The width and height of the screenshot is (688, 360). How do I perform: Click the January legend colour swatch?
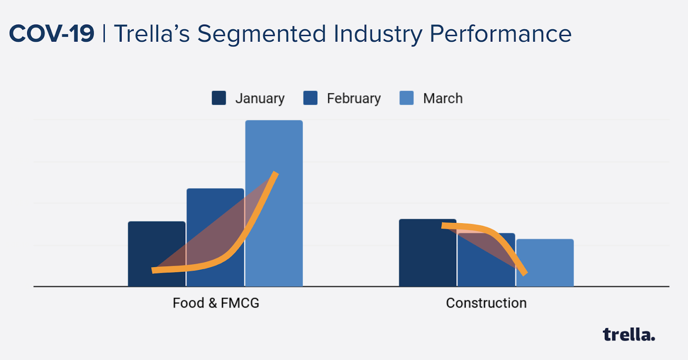tap(219, 98)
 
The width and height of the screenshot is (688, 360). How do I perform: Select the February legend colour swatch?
tap(310, 98)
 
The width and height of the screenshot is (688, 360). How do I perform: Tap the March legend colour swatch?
tap(406, 98)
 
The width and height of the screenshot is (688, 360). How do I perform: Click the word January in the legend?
tap(260, 98)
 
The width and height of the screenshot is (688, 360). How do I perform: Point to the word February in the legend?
tap(353, 98)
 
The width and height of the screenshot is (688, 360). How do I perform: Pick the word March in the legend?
tap(442, 98)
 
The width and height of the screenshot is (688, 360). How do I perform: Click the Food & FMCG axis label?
tap(216, 303)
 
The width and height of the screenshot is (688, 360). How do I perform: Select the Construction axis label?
tap(486, 303)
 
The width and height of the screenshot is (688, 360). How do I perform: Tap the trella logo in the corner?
tap(629, 334)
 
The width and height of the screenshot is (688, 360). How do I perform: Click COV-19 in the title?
tap(52, 34)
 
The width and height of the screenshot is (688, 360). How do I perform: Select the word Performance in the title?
tap(501, 34)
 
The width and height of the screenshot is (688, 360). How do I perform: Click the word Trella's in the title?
tap(152, 34)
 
